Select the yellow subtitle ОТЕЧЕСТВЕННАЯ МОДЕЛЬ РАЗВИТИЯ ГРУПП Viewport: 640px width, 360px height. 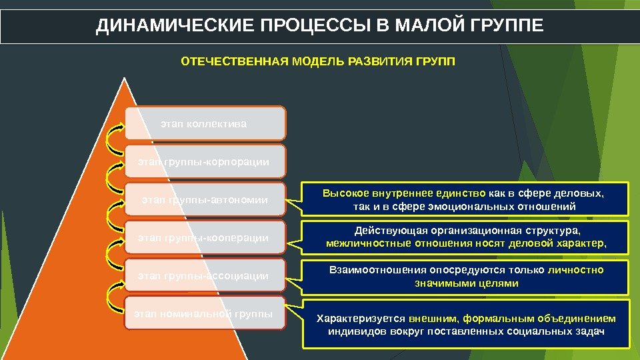pyautogui.click(x=319, y=62)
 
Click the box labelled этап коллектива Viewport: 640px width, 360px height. pyautogui.click(x=205, y=123)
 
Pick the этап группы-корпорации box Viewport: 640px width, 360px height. pyautogui.click(x=205, y=162)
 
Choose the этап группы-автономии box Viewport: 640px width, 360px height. pyautogui.click(x=205, y=200)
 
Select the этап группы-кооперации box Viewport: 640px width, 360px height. pyautogui.click(x=205, y=238)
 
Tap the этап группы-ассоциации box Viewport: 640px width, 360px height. pyautogui.click(x=205, y=276)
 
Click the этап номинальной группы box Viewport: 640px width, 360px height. pyautogui.click(x=205, y=313)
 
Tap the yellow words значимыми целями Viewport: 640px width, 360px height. pyautogui.click(x=466, y=283)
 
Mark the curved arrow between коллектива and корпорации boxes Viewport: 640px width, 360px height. pyautogui.click(x=113, y=143)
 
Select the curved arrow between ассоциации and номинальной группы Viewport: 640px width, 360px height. pyautogui.click(x=113, y=295)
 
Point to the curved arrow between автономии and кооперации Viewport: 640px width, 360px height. pyautogui.click(x=113, y=219)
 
